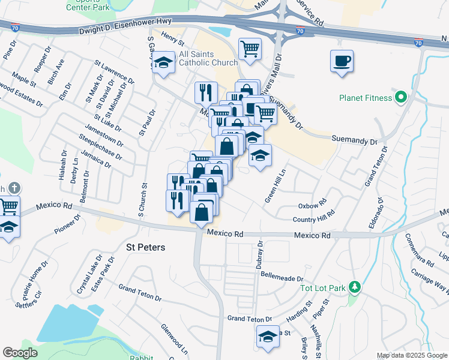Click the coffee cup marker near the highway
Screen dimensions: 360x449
[x=342, y=61]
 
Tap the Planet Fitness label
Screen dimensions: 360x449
[x=366, y=97]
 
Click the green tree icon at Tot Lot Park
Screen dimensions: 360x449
[x=355, y=287]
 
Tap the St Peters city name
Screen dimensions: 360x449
[x=145, y=247]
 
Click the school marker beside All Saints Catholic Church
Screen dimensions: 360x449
[x=163, y=63]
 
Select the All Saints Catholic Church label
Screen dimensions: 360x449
[x=208, y=58]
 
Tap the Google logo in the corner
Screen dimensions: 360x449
[x=20, y=352]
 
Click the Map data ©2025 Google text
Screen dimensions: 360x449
[x=411, y=355]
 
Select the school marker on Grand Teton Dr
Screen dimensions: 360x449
[x=268, y=338]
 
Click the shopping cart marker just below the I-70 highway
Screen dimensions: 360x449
[x=250, y=49]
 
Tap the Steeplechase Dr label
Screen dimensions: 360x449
[x=101, y=148]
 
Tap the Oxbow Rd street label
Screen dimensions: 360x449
[x=312, y=204]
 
